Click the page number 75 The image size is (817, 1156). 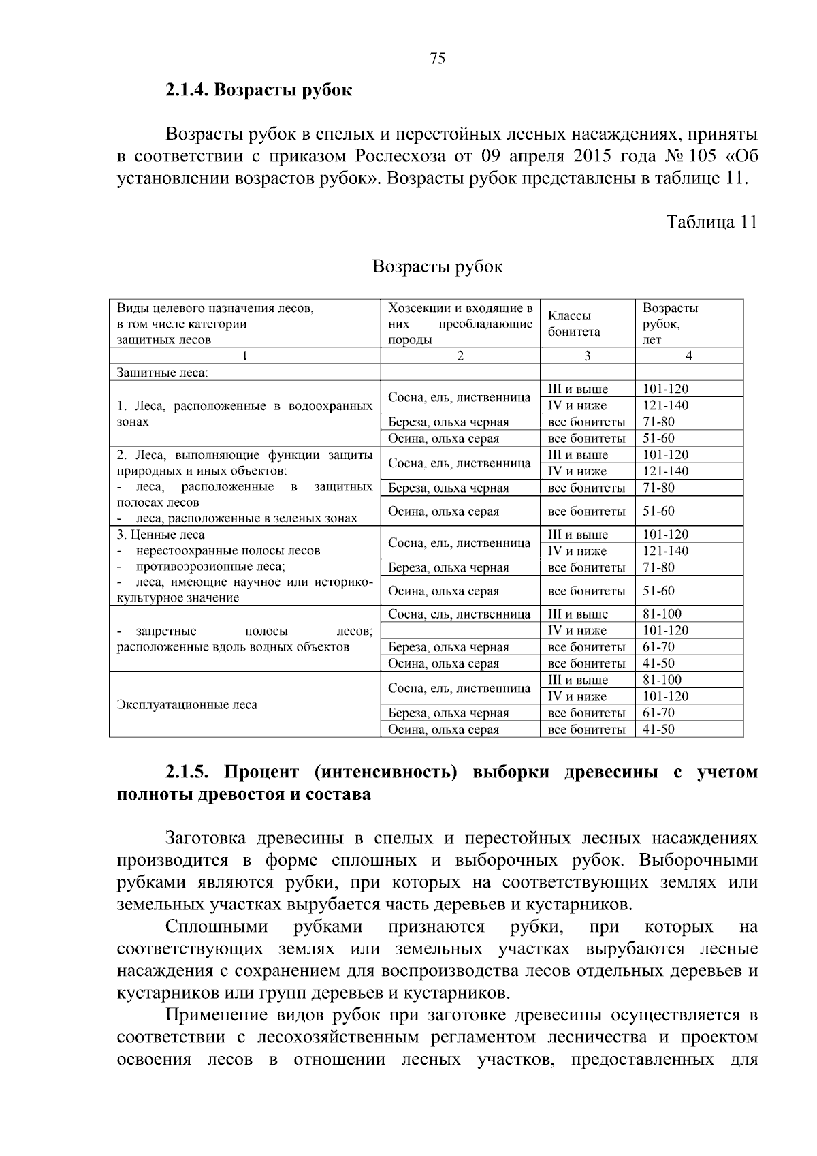click(x=438, y=59)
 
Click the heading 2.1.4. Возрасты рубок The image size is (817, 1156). click(x=258, y=90)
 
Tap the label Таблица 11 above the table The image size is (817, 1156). click(x=711, y=222)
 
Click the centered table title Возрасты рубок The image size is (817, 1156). click(x=437, y=266)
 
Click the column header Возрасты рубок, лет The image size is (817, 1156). click(x=670, y=324)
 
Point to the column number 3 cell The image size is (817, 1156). click(x=587, y=356)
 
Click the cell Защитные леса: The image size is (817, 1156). click(x=163, y=373)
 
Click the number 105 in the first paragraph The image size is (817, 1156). click(x=703, y=157)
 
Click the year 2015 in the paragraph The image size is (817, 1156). click(x=594, y=157)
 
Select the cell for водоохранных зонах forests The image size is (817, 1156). click(x=244, y=413)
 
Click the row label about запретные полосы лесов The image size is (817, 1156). click(x=244, y=639)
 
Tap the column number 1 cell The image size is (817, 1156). click(x=244, y=356)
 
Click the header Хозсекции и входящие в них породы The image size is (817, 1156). click(x=460, y=324)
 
